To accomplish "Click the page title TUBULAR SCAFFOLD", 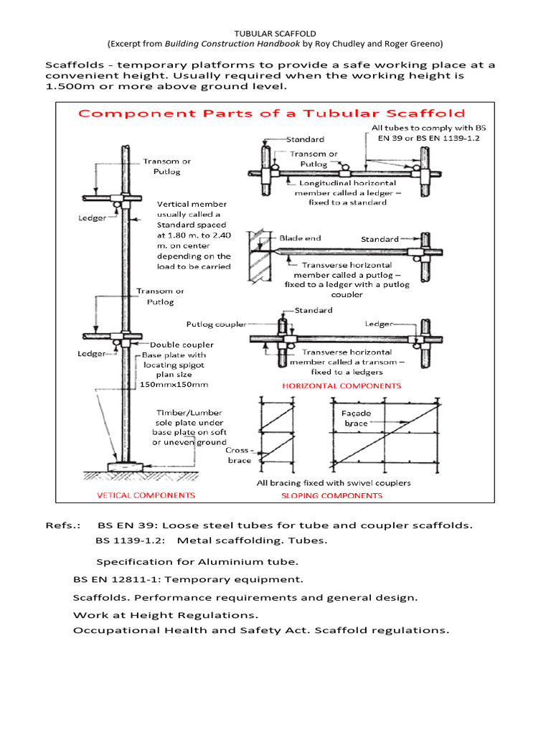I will (x=275, y=33).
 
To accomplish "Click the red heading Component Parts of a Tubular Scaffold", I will (x=271, y=113).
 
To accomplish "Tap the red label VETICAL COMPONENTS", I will (x=146, y=495).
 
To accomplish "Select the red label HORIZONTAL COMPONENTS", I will (x=342, y=385).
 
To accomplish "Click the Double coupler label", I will (x=181, y=345).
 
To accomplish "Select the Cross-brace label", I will (x=239, y=455).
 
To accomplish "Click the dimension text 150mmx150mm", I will (x=173, y=385).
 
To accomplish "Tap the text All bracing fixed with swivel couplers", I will (x=334, y=482).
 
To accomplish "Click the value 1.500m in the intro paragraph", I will (x=70, y=86).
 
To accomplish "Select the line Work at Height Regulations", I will (x=166, y=615).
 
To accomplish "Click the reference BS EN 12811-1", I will (x=118, y=579).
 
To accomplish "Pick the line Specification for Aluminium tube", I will (x=197, y=561).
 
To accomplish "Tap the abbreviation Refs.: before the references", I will (x=62, y=525).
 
